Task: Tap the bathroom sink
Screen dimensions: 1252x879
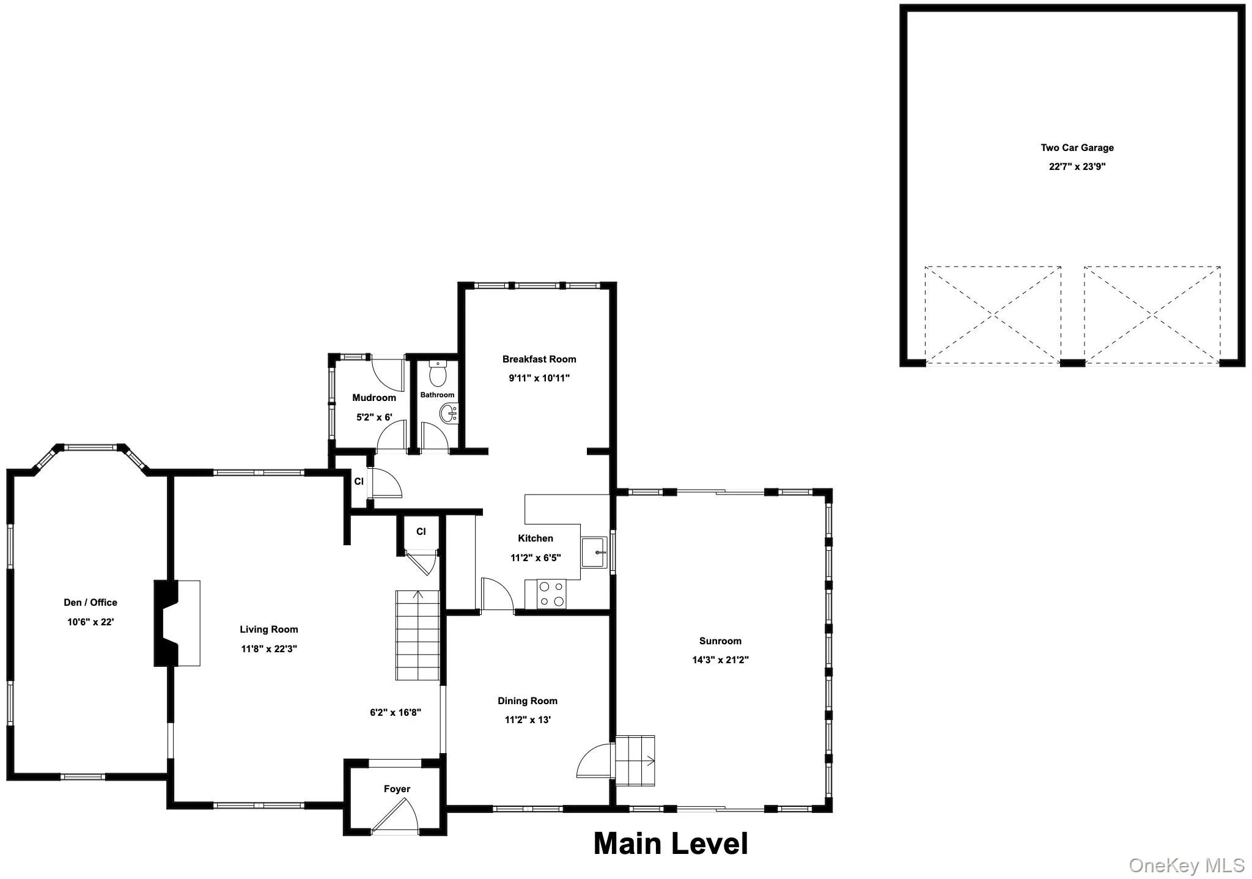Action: (449, 414)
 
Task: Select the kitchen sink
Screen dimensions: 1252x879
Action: (595, 553)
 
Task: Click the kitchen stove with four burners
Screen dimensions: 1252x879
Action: (551, 594)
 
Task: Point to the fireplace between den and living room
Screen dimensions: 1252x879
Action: (177, 623)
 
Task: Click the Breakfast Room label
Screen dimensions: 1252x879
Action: (539, 359)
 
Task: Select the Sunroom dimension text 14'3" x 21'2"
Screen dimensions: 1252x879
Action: (720, 660)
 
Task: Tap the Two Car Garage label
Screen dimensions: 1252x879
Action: (1077, 147)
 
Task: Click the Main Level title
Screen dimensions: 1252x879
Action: (671, 844)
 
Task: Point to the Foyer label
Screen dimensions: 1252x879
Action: (397, 789)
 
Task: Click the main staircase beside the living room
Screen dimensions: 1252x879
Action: (418, 636)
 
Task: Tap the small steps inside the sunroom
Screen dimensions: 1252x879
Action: (635, 760)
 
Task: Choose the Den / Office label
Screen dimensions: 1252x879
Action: (90, 602)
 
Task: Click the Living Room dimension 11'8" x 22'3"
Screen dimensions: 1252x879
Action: (269, 649)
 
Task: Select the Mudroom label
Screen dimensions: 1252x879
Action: (374, 397)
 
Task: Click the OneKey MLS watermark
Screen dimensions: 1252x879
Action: (1187, 865)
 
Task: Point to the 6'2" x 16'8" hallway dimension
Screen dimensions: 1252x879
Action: (396, 712)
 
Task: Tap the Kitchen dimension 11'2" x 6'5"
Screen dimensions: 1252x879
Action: (536, 557)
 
